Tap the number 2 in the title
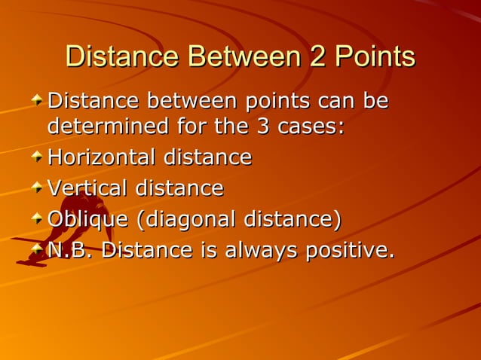[x=315, y=58]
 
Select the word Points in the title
[x=375, y=58]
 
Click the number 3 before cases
[x=264, y=126]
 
